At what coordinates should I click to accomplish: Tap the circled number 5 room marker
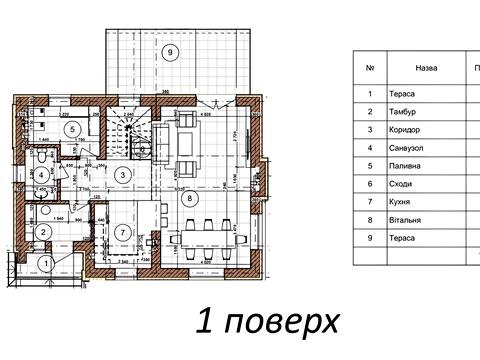pyautogui.click(x=71, y=128)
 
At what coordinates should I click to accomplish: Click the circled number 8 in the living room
pyautogui.click(x=190, y=199)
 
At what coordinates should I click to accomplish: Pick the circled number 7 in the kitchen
pyautogui.click(x=122, y=232)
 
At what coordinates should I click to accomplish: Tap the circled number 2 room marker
pyautogui.click(x=44, y=232)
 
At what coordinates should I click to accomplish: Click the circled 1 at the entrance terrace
pyautogui.click(x=46, y=264)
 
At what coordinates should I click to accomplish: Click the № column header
pyautogui.click(x=370, y=69)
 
